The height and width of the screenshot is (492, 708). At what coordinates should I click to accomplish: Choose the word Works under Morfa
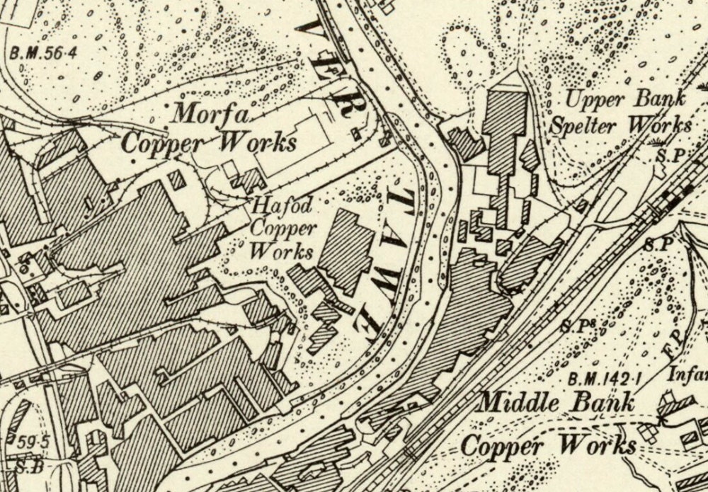click(x=256, y=142)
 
